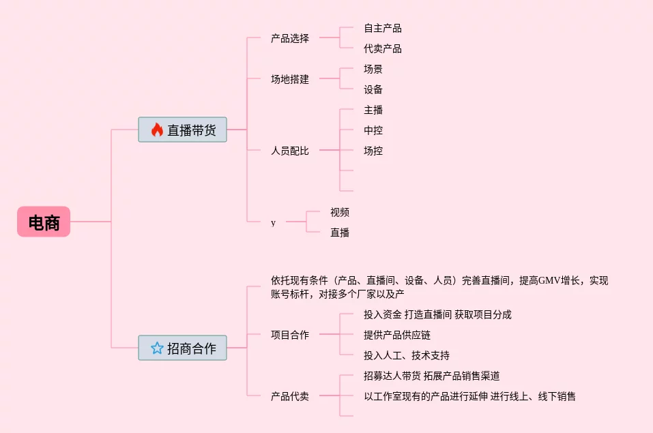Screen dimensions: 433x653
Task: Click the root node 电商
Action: click(x=44, y=222)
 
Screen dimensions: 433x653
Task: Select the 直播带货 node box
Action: click(x=182, y=130)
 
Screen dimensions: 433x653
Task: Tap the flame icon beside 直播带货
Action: click(x=157, y=130)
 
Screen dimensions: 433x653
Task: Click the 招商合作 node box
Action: click(x=182, y=348)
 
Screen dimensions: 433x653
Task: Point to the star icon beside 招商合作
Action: click(x=157, y=348)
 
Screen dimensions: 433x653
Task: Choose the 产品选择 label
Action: click(x=289, y=38)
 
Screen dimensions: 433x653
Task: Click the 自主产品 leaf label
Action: click(x=382, y=28)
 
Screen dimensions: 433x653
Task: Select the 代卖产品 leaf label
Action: click(x=382, y=48)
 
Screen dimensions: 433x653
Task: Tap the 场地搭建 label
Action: click(x=289, y=79)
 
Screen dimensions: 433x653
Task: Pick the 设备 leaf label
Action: click(x=373, y=89)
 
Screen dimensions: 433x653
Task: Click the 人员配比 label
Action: click(x=289, y=151)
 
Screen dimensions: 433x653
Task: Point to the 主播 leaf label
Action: click(x=373, y=110)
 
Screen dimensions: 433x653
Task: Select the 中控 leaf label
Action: click(x=373, y=130)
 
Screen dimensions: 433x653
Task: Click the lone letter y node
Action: click(x=274, y=222)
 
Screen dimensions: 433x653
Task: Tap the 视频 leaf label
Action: click(x=340, y=212)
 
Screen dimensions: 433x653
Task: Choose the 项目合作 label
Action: click(x=289, y=335)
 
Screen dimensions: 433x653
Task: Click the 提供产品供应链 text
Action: click(x=397, y=335)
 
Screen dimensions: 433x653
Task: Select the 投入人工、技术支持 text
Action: click(x=406, y=355)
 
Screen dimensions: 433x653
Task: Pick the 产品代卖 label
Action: click(x=289, y=396)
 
